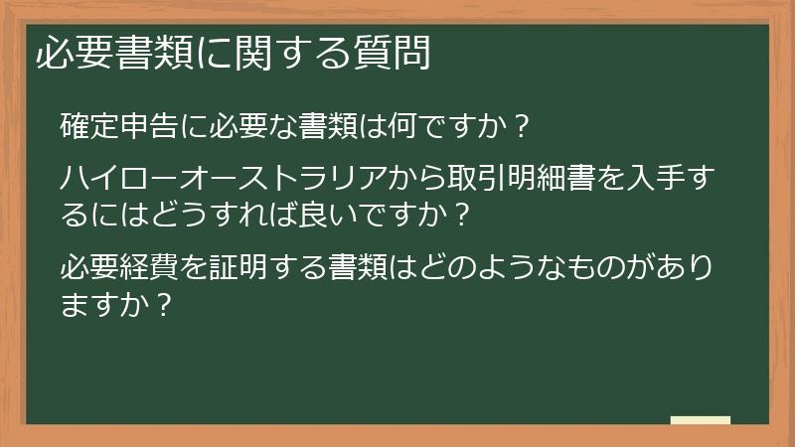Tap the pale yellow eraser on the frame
coord(701,420)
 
